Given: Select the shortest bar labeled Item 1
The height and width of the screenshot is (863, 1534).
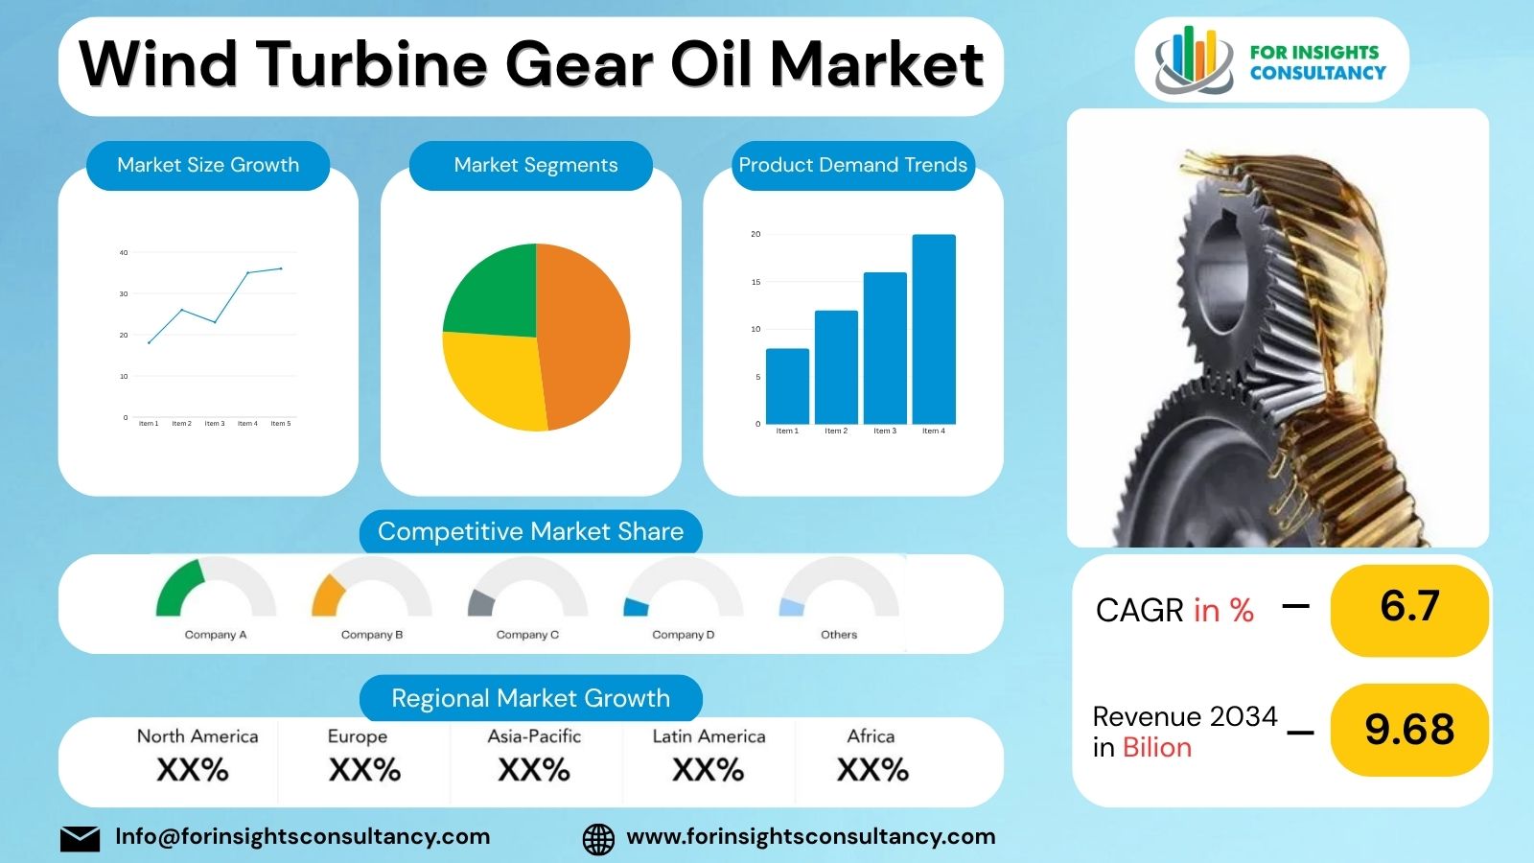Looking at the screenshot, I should [787, 385].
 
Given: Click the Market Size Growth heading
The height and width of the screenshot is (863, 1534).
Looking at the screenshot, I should [208, 165].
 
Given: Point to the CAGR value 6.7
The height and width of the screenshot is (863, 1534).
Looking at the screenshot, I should [1409, 607].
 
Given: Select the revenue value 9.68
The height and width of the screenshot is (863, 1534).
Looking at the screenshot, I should [1409, 730].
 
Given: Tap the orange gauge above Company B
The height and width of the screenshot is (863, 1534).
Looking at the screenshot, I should [327, 595].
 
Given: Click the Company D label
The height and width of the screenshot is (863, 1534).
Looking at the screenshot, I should [684, 635].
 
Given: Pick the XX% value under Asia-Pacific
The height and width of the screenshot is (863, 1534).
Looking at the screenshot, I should [534, 770].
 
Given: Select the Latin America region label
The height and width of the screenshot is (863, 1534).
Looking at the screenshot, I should [709, 736].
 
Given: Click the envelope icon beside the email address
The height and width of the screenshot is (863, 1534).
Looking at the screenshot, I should [80, 838].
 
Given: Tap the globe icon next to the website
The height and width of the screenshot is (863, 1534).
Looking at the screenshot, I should [598, 839].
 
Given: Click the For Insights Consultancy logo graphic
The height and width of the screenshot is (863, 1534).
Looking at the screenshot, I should [1193, 60].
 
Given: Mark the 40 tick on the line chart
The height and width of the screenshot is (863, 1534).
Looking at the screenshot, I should [124, 253].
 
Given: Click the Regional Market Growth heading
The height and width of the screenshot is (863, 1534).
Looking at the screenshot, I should [530, 698].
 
